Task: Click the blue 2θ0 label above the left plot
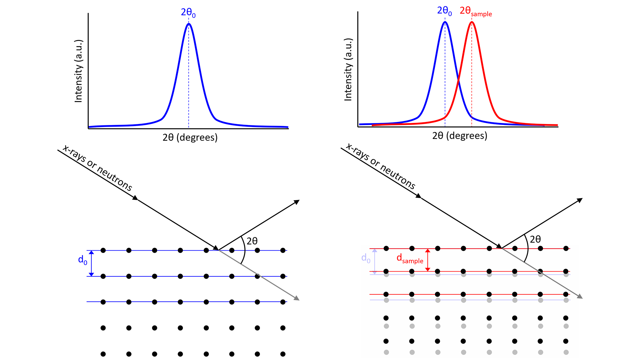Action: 188,13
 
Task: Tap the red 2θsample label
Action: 475,11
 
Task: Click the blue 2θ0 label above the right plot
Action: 444,11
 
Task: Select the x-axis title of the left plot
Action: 190,137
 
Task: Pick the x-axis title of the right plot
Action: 460,136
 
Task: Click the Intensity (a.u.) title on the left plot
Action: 78,71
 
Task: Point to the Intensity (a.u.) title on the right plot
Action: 348,69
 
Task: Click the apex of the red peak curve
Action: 472,22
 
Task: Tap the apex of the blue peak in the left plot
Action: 189,24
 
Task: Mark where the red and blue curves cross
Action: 458,80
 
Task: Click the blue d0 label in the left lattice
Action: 82,260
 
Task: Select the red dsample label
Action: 410,258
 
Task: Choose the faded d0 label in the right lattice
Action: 366,258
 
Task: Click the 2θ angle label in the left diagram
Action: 252,241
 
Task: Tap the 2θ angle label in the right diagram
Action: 535,239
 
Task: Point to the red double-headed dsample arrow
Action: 428,260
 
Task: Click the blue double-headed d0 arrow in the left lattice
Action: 92,263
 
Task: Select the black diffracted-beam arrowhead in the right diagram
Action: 580,200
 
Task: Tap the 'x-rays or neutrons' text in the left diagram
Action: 97,168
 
